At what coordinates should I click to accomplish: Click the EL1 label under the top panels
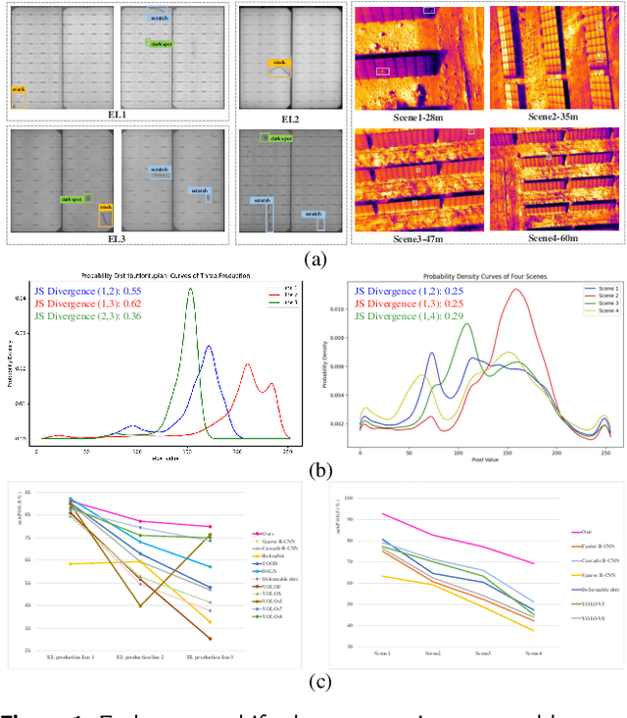(x=118, y=116)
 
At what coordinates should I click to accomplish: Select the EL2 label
(x=291, y=119)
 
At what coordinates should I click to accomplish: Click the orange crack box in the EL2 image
(x=279, y=67)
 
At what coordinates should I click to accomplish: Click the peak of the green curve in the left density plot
(x=190, y=289)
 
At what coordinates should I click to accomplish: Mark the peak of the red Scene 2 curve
(x=515, y=290)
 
